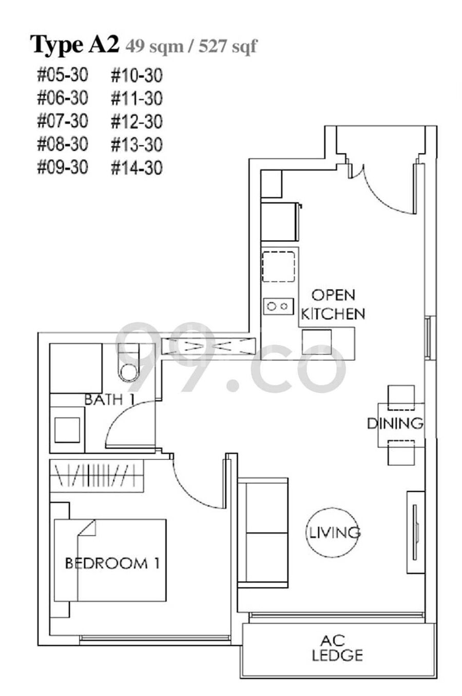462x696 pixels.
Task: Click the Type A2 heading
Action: click(74, 45)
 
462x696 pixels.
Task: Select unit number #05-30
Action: click(63, 75)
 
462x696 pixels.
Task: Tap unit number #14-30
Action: click(137, 168)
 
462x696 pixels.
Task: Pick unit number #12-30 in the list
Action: click(137, 122)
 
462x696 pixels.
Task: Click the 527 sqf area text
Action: click(228, 47)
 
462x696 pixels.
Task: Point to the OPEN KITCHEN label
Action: click(333, 304)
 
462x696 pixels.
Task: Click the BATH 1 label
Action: click(109, 399)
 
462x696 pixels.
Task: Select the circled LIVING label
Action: click(333, 532)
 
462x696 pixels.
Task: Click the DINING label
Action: click(395, 423)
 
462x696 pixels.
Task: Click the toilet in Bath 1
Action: click(129, 362)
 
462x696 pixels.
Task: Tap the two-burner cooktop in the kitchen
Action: click(278, 306)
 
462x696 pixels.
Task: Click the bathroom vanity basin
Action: click(67, 430)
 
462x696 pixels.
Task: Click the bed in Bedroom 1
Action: click(110, 560)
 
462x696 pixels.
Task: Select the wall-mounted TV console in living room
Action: click(415, 533)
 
